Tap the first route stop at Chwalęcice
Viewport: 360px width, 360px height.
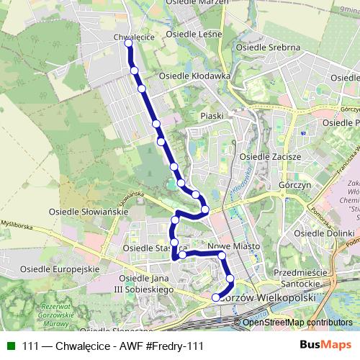(129, 43)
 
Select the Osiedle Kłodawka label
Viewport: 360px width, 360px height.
(194, 75)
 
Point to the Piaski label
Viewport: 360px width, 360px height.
(212, 115)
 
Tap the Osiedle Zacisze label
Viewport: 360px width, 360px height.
(266, 156)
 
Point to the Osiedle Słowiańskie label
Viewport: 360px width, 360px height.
(88, 212)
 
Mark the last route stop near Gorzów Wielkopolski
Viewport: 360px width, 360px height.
(215, 297)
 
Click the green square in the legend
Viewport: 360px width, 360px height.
(9, 346)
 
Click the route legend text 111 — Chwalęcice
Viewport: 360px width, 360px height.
(72, 346)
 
